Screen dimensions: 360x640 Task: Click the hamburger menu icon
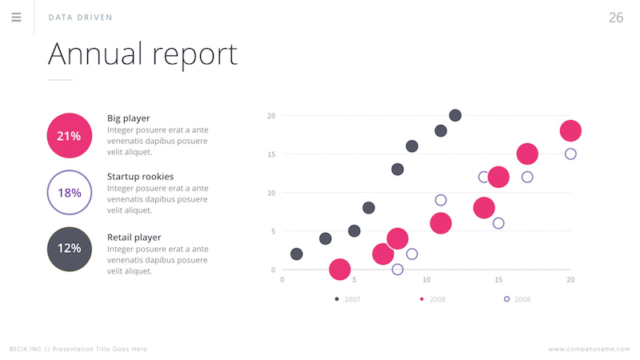16,17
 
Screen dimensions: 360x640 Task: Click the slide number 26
615,18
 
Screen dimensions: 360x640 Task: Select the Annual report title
142,54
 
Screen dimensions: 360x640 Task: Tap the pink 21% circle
70,136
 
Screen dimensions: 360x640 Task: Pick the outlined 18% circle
70,193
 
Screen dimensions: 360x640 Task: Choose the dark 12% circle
70,248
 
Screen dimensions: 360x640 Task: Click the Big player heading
128,118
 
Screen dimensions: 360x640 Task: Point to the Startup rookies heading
140,176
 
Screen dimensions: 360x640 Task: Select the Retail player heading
134,238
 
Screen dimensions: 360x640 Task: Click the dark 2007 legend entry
349,299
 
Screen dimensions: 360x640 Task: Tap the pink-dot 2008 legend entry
433,299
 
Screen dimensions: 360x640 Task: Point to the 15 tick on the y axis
271,154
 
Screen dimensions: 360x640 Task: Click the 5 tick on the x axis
354,280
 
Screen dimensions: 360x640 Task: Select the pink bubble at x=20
570,130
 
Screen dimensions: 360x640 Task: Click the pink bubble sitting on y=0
339,270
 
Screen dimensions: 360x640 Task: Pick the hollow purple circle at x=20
570,154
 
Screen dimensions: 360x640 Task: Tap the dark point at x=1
296,254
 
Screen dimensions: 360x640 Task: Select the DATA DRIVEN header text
80,18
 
